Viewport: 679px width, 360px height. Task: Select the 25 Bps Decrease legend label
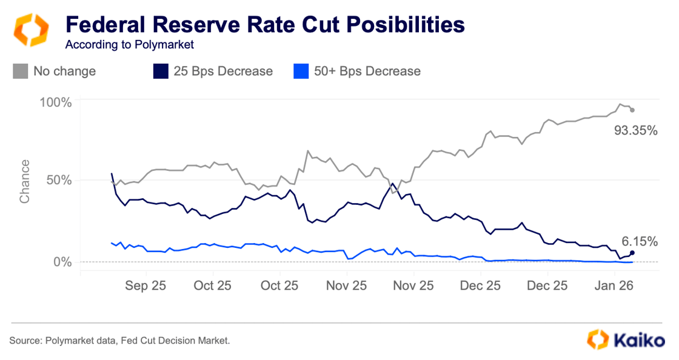223,71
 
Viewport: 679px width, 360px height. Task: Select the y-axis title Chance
25,182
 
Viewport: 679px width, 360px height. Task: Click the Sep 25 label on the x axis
146,285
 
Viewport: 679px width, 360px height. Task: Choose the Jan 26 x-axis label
614,285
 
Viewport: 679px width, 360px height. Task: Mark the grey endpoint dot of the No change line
632,110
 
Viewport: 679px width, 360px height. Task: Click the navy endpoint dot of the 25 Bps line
632,252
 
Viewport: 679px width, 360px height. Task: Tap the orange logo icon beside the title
30,30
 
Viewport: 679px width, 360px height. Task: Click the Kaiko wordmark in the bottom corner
639,340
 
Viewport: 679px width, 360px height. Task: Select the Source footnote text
120,341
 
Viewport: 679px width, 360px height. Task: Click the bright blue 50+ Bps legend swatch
300,71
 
